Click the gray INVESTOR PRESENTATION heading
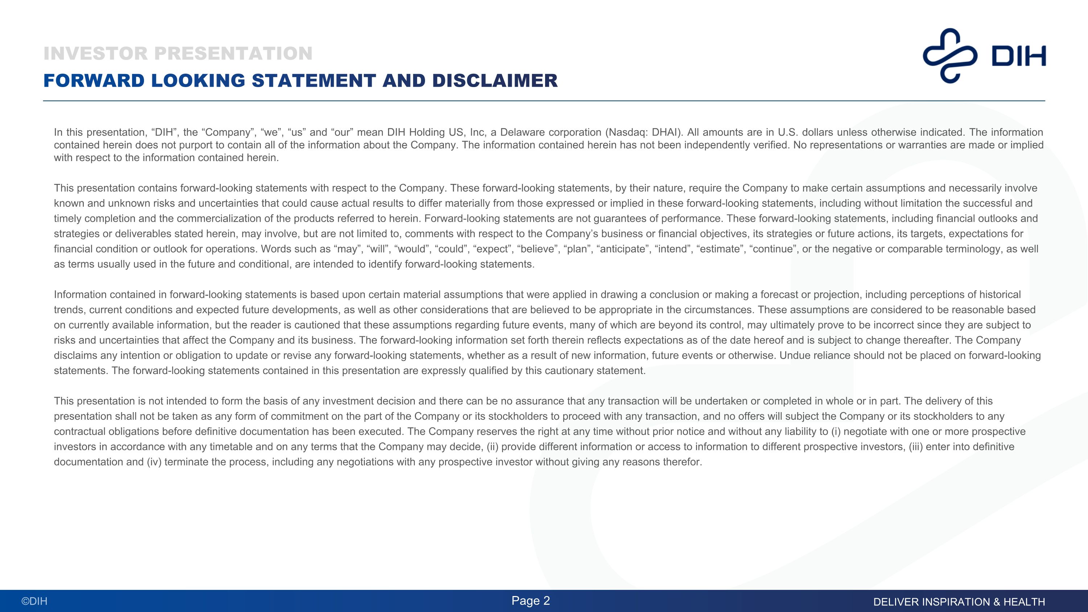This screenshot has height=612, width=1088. [178, 54]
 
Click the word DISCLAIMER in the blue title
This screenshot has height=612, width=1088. [495, 81]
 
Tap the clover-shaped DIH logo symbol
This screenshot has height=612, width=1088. [950, 56]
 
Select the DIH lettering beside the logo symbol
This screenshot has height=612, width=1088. [1018, 56]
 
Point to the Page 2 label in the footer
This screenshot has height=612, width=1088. [531, 601]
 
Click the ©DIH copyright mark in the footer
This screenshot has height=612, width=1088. [34, 601]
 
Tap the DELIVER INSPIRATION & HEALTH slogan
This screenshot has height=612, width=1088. [959, 602]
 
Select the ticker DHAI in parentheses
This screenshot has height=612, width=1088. [664, 132]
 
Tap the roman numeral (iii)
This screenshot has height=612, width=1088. [916, 447]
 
